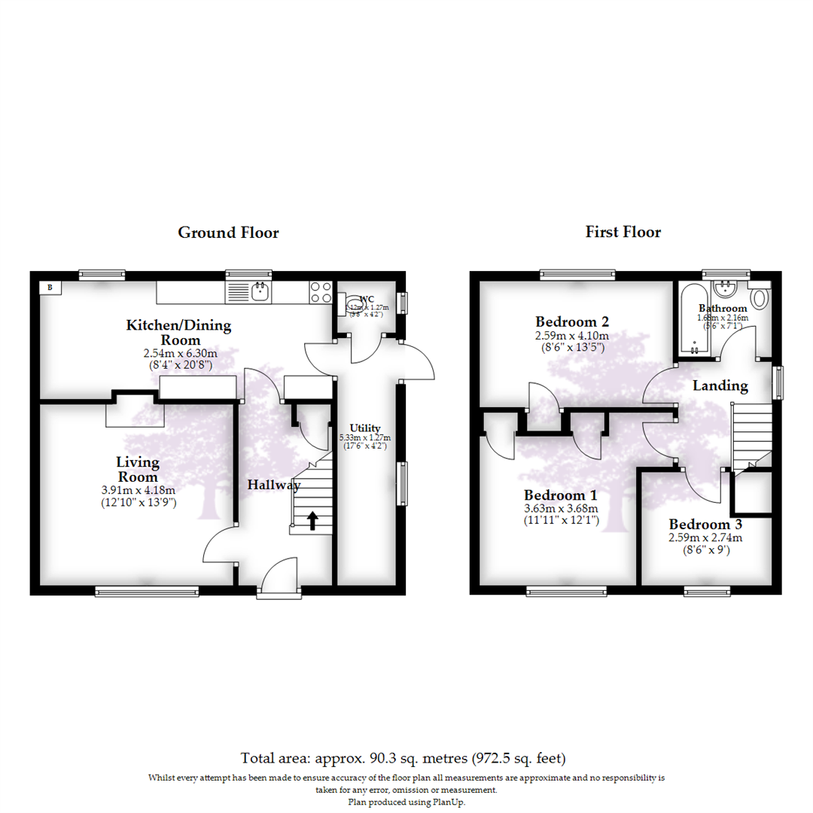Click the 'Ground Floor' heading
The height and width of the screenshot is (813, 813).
pyautogui.click(x=228, y=233)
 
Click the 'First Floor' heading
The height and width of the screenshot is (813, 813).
pyautogui.click(x=623, y=232)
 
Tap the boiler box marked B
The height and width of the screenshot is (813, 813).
pyautogui.click(x=50, y=287)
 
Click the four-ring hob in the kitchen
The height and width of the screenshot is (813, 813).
pyautogui.click(x=321, y=291)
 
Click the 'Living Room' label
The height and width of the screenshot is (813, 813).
pyautogui.click(x=137, y=469)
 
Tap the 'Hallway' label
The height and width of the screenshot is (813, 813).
pyautogui.click(x=274, y=486)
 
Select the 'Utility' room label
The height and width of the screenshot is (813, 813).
pyautogui.click(x=368, y=428)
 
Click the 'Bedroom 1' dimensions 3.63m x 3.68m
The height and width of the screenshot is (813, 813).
pyautogui.click(x=561, y=508)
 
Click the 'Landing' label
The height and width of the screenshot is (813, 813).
pyautogui.click(x=720, y=386)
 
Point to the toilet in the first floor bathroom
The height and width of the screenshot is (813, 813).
pyautogui.click(x=760, y=297)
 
